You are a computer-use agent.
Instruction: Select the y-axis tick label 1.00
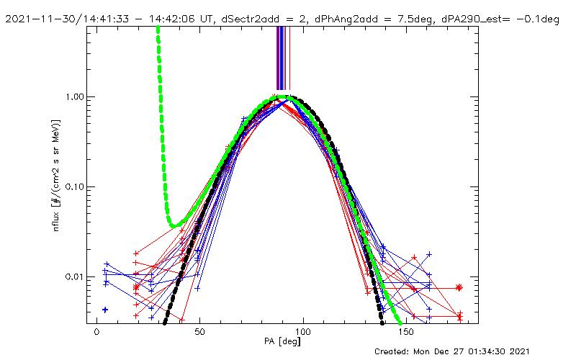[75, 96]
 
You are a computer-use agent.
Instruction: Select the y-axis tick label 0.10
[75, 187]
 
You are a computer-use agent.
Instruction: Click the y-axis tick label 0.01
[75, 277]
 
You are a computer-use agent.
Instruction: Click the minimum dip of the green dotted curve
[175, 226]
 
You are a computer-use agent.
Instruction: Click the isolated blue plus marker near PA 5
[105, 310]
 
